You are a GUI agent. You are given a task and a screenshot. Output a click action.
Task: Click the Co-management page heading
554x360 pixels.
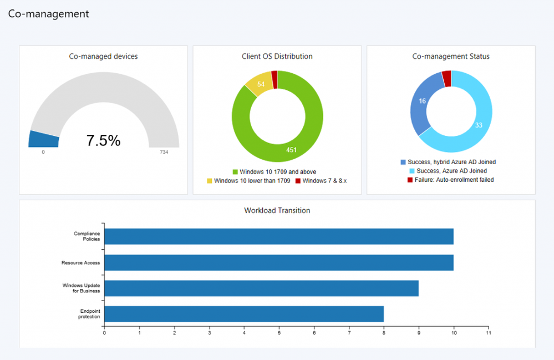pyautogui.click(x=49, y=14)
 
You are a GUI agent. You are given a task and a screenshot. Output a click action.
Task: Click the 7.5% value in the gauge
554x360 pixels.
pyautogui.click(x=103, y=141)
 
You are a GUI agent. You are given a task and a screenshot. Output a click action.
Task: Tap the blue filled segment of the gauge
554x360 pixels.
pyautogui.click(x=43, y=139)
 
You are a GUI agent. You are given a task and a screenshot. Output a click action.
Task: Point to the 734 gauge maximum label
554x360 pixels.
pyautogui.click(x=164, y=152)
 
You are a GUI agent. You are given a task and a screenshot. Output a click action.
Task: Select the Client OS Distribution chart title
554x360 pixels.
pyautogui.click(x=277, y=57)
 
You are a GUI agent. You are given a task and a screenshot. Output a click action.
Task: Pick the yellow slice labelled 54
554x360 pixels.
pyautogui.click(x=259, y=84)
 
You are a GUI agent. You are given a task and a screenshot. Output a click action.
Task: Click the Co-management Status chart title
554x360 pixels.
pyautogui.click(x=451, y=57)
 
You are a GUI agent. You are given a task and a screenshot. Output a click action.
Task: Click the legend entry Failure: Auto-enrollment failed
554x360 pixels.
pyautogui.click(x=450, y=180)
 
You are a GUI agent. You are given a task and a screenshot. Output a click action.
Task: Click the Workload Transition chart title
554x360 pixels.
pyautogui.click(x=277, y=211)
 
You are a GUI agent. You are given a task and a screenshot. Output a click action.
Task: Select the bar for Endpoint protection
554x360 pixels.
pyautogui.click(x=244, y=314)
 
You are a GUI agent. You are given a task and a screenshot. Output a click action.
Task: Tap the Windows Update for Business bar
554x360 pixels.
pyautogui.click(x=261, y=288)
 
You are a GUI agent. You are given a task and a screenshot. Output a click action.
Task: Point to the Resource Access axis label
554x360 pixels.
pyautogui.click(x=80, y=262)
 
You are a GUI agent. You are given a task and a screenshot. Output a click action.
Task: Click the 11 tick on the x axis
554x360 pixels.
pyautogui.click(x=488, y=333)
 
